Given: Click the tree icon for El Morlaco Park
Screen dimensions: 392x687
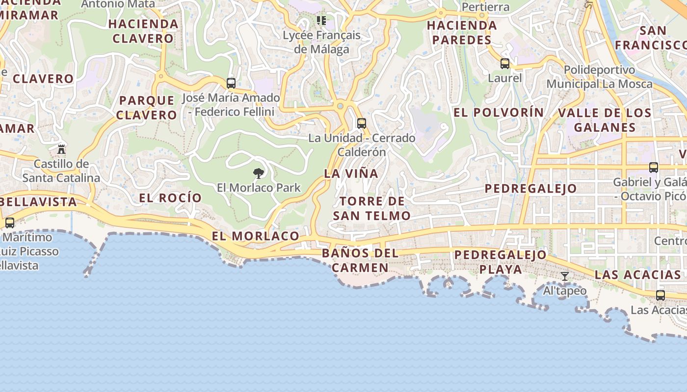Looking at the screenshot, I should [259, 173].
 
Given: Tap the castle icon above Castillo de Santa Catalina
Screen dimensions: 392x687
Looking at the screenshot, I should [61, 149].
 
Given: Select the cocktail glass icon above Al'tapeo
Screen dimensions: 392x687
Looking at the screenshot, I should [565, 276].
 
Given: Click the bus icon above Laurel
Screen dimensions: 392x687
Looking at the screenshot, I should [505, 64].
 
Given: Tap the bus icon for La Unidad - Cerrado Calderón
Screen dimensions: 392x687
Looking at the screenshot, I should [362, 123].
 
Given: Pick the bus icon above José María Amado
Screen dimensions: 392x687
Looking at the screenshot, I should [231, 83].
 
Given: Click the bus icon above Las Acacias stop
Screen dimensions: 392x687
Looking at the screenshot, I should [661, 295].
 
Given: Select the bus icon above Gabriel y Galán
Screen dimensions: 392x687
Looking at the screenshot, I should [654, 168].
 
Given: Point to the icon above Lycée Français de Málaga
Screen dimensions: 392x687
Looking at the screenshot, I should [321, 21].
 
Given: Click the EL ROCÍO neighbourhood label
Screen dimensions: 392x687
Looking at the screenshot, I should [170, 198].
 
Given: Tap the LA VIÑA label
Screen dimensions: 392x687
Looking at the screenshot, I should [351, 173].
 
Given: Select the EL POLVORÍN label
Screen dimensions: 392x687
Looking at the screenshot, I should [499, 113].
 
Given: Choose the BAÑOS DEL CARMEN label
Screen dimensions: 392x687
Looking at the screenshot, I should [360, 261].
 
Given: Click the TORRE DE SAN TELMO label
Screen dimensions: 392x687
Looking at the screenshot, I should [372, 208].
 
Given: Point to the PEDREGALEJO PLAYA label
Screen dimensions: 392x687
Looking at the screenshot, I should [500, 262].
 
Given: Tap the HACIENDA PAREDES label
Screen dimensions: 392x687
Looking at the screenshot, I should [462, 32].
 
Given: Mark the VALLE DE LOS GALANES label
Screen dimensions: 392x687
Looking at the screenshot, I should [605, 120].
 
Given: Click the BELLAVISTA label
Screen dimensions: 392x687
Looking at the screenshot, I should [39, 202].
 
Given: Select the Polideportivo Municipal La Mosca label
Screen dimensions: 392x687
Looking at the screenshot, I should [599, 77].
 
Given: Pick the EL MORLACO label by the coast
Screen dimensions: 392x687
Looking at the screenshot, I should [256, 236].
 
